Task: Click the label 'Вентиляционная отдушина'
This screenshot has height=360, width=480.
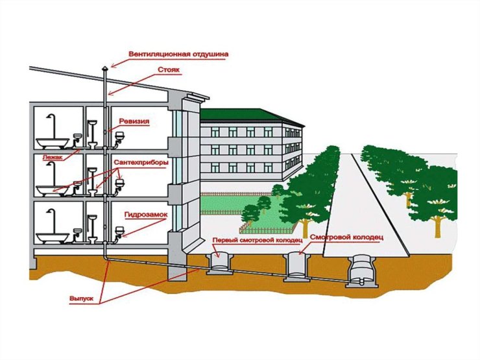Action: click(x=178, y=54)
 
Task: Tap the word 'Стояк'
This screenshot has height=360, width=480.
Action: click(x=169, y=70)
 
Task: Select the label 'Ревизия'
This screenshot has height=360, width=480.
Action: click(x=134, y=121)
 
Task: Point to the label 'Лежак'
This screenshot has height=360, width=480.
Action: click(x=53, y=158)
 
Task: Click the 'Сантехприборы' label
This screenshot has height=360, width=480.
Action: click(x=141, y=163)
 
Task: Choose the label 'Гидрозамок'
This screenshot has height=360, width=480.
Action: click(x=146, y=215)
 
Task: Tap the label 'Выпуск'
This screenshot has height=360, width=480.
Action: click(x=81, y=298)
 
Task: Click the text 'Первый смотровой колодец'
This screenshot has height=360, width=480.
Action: click(x=258, y=240)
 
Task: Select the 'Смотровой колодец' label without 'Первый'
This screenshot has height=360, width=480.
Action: click(x=346, y=237)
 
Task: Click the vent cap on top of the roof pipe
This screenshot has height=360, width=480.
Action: click(x=104, y=68)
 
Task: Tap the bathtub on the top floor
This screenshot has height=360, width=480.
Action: click(x=53, y=143)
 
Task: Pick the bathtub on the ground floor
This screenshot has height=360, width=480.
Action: click(x=53, y=237)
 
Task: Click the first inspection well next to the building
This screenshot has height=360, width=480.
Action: click(x=219, y=263)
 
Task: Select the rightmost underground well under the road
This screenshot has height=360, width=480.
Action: click(x=362, y=271)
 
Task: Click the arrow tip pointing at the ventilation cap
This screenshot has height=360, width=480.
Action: click(x=112, y=66)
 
